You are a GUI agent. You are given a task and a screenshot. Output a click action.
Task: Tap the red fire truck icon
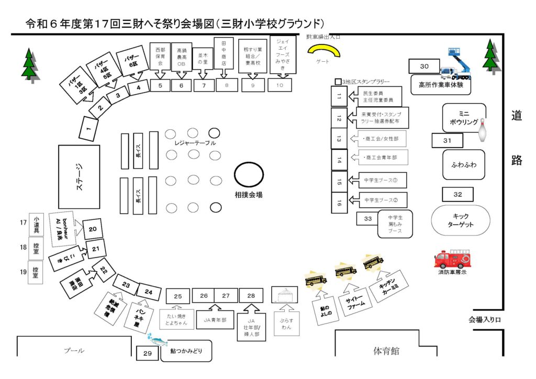[452, 259]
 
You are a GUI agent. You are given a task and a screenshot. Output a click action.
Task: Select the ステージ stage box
[79, 176]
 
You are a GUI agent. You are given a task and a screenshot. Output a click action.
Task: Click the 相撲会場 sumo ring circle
[249, 174]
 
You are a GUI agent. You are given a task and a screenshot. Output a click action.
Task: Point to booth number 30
[425, 66]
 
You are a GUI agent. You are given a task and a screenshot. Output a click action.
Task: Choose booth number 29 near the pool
[147, 354]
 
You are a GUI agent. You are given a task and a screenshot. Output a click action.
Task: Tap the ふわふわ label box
[464, 164]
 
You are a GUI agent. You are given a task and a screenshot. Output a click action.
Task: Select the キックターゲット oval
[461, 220]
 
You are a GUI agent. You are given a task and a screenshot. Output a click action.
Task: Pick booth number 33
[367, 218]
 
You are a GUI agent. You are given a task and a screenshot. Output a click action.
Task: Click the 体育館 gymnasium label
[386, 351]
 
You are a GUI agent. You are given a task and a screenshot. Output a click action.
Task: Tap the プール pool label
[74, 351]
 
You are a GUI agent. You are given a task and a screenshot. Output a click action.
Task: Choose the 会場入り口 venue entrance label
[485, 319]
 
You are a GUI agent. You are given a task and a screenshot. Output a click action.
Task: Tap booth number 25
[178, 296]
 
